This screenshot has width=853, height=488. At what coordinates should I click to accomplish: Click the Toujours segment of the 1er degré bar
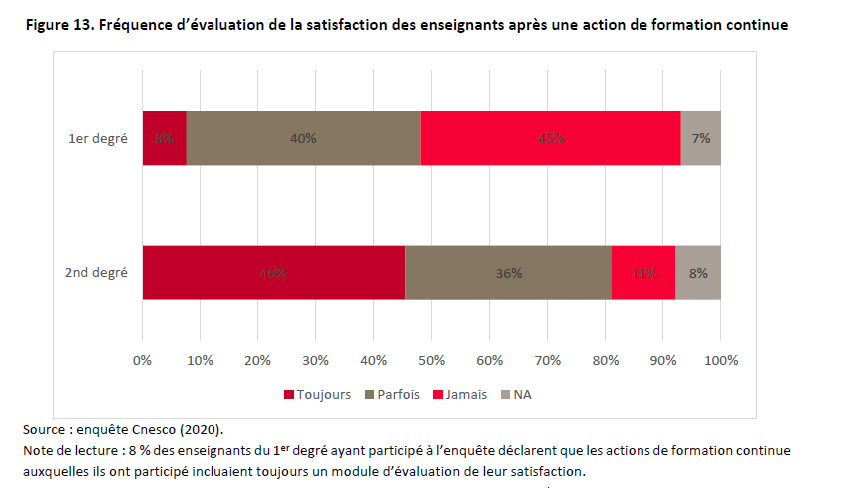(164, 138)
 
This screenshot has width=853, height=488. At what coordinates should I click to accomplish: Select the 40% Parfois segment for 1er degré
(303, 138)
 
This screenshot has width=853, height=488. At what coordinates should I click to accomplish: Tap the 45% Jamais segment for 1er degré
(550, 138)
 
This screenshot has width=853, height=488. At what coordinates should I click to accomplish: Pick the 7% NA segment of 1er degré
(700, 138)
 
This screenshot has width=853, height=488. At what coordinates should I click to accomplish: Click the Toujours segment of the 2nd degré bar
(273, 272)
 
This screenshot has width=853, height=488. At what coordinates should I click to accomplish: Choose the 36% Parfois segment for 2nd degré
(508, 272)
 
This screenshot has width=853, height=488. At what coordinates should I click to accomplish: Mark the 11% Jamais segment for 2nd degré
(642, 272)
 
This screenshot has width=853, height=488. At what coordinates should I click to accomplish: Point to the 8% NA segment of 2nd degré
(698, 272)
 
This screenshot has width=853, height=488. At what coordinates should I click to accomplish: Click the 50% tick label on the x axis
(432, 359)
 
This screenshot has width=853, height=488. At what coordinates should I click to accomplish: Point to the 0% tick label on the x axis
(143, 359)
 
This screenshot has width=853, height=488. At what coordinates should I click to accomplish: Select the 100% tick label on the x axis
(721, 359)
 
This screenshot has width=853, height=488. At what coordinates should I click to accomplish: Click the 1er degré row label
(97, 138)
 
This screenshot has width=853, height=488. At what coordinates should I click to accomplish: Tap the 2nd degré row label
(96, 272)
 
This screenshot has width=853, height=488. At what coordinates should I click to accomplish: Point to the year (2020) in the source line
(201, 430)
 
